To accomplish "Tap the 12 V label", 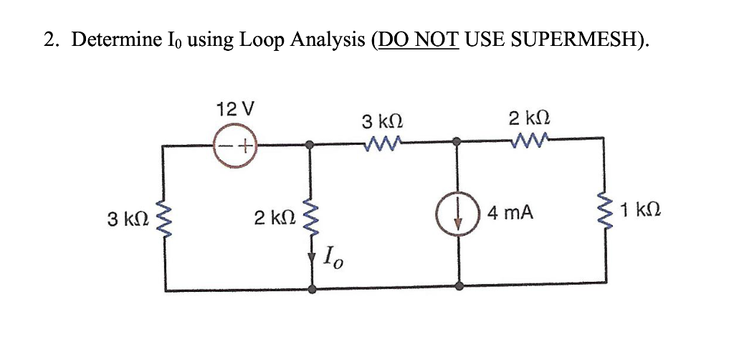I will pyautogui.click(x=235, y=110).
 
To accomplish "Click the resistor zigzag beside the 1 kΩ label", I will pyautogui.click(x=604, y=212).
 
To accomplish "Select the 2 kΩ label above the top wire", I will pyautogui.click(x=528, y=119).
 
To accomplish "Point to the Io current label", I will pyautogui.click(x=334, y=256).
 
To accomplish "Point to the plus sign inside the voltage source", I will pyautogui.click(x=244, y=146).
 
